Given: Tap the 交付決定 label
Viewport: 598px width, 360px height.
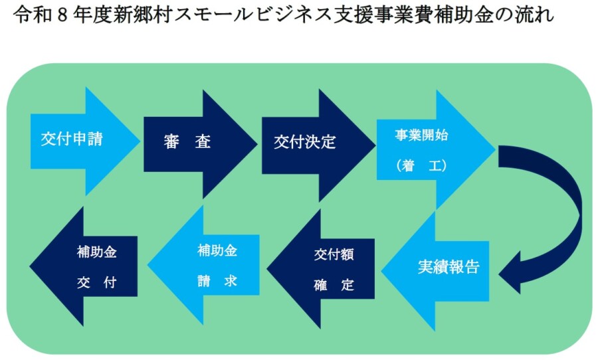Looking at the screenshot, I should [x=305, y=141].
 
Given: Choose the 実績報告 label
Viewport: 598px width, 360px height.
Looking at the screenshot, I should [x=448, y=267].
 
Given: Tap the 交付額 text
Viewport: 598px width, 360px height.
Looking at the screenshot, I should [x=334, y=255].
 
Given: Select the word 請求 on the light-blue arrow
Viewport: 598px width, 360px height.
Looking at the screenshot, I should [x=217, y=282].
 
